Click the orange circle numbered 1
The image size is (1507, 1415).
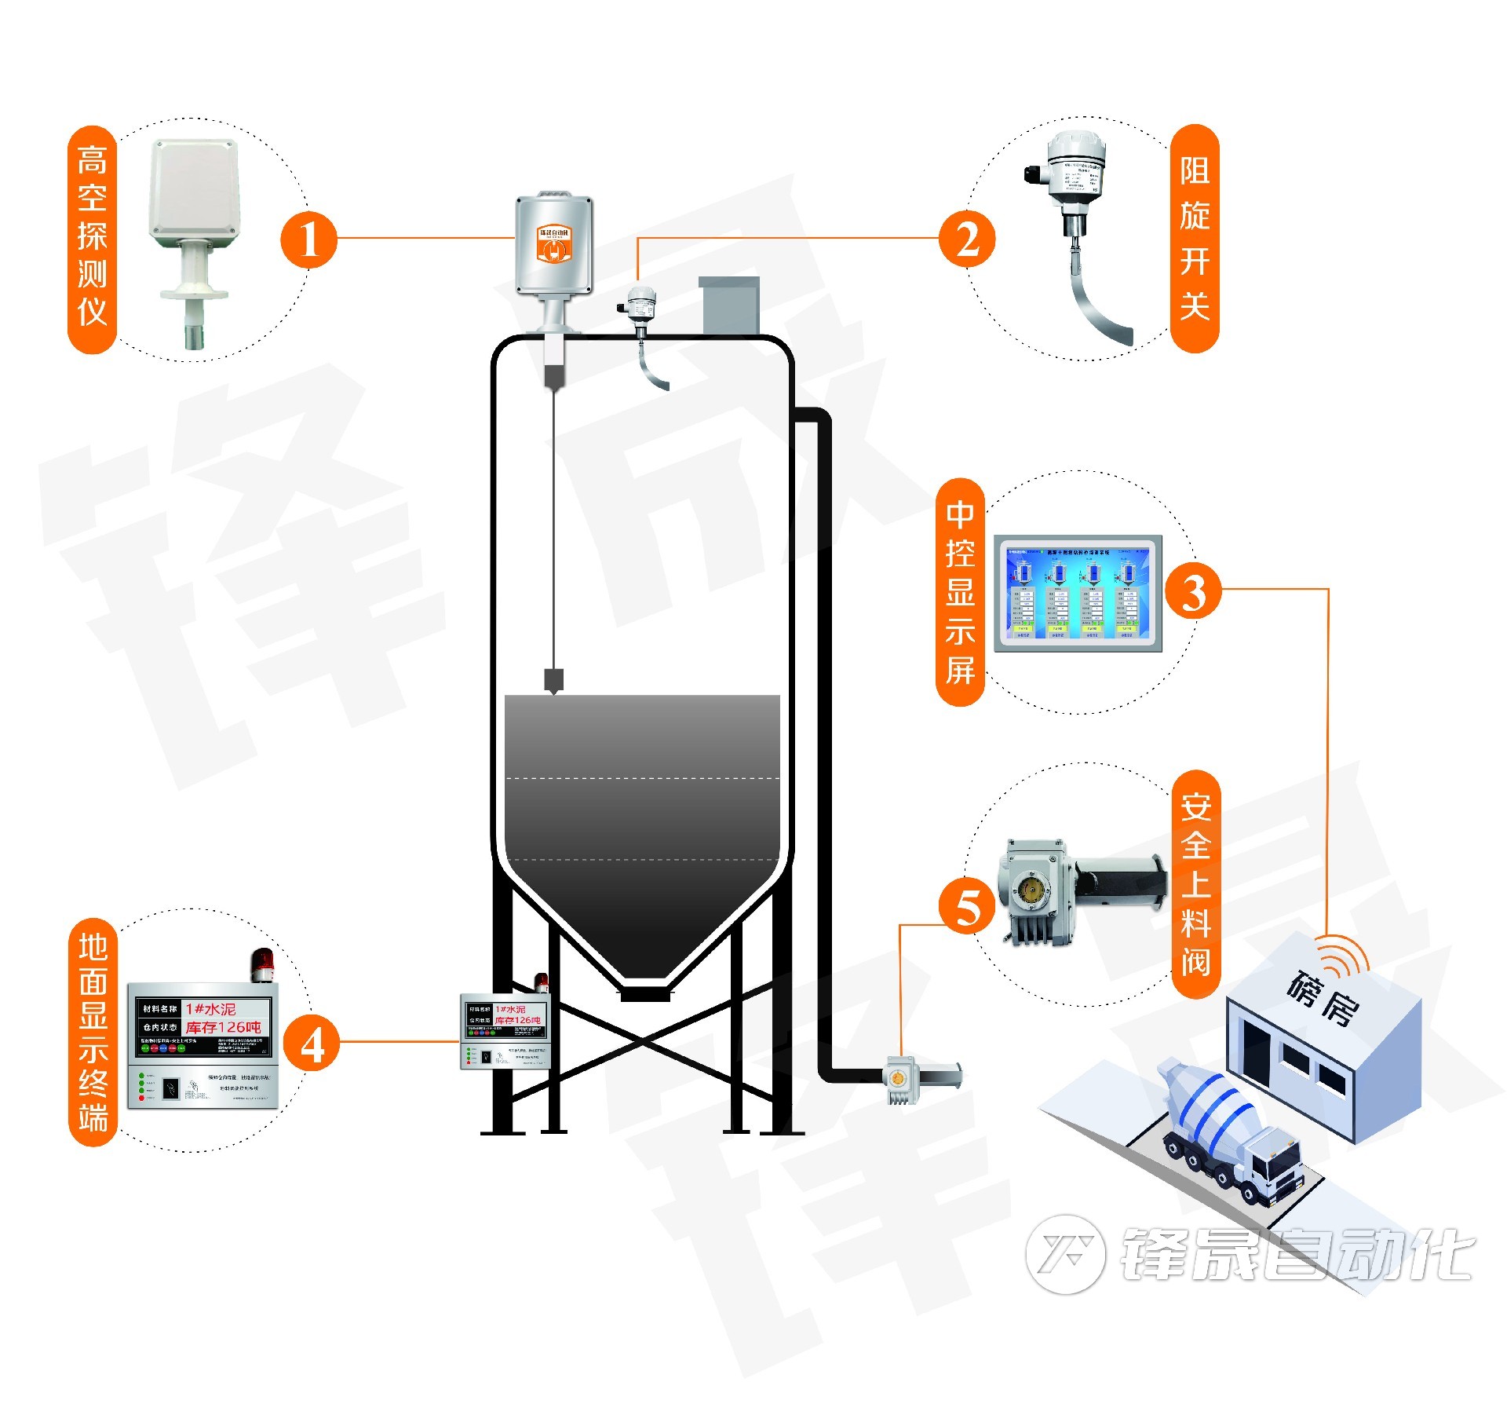(308, 239)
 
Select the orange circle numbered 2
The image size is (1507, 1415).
(967, 239)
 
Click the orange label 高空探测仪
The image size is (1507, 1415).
(93, 239)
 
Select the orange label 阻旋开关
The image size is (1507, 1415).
(1195, 238)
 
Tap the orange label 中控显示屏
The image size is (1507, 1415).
(960, 592)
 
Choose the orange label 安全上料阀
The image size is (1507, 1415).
(1195, 884)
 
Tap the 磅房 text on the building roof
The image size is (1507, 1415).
(1323, 998)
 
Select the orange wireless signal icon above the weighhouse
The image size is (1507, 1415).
(1344, 955)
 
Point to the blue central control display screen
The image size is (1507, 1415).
(1078, 594)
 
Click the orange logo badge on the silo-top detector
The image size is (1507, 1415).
(553, 243)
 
